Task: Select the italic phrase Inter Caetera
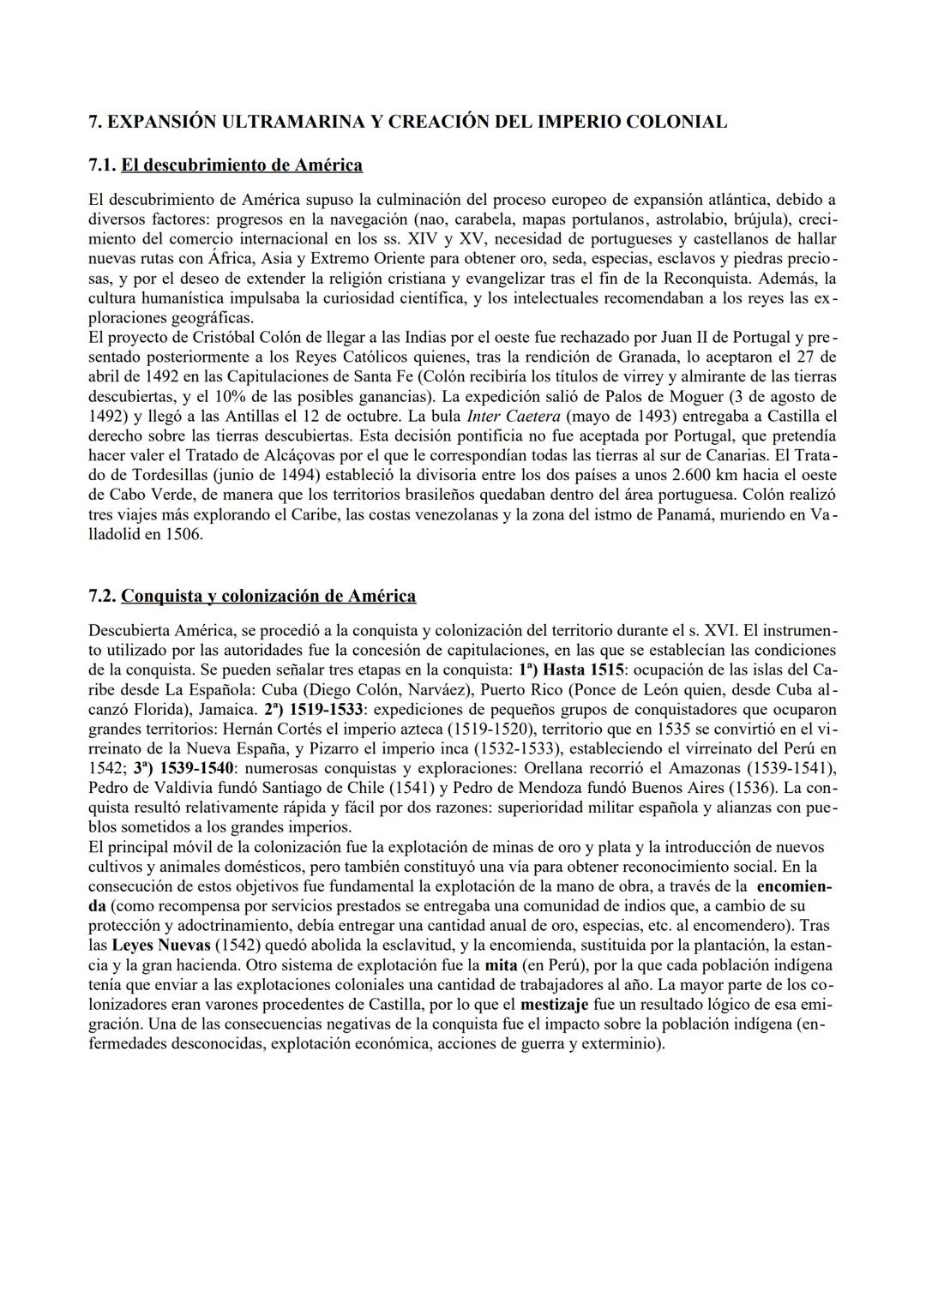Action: (508, 416)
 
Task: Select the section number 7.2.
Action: (103, 596)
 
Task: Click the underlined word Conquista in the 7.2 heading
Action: (166, 596)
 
